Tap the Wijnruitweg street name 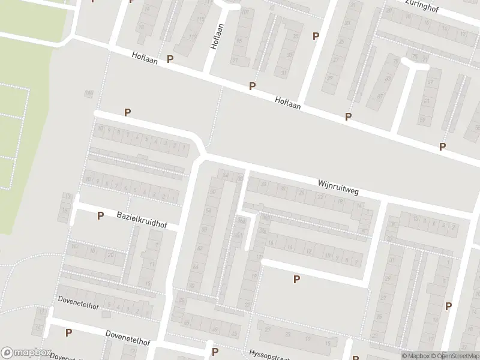(338, 186)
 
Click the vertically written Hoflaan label (217, 37)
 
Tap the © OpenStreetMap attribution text (455, 356)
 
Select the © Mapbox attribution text (415, 356)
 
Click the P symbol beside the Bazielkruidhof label (100, 215)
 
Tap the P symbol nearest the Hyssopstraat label (215, 352)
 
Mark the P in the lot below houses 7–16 (296, 279)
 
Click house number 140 (89, 93)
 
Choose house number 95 (239, 40)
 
